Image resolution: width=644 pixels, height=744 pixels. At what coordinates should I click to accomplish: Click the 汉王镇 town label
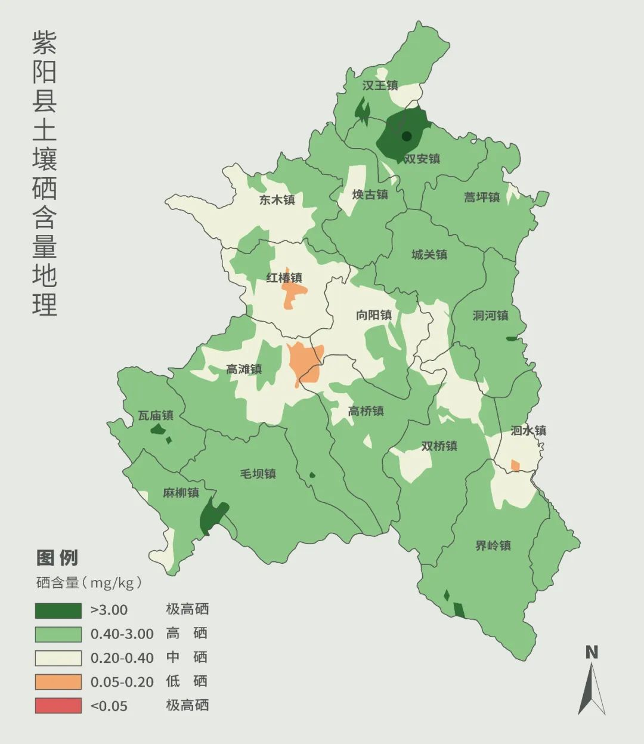tap(380, 85)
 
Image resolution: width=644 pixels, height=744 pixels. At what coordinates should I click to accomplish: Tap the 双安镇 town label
tap(422, 159)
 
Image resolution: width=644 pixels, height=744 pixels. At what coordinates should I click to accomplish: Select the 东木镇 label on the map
tap(277, 200)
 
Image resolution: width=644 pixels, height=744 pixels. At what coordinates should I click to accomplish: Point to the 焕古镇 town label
tap(370, 195)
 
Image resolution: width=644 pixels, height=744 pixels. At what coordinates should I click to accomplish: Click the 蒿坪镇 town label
tap(482, 197)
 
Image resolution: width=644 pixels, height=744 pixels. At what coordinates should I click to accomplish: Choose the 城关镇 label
tap(429, 255)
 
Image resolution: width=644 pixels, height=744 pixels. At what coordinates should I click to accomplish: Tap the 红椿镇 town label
tap(284, 277)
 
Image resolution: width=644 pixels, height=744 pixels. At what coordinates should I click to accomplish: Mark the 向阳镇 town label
tap(373, 315)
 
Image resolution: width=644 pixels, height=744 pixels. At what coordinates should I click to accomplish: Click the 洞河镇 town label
tap(490, 316)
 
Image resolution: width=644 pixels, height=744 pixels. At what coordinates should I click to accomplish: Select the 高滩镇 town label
tap(243, 369)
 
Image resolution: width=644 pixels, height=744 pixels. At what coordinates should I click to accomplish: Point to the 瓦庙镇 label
tap(156, 415)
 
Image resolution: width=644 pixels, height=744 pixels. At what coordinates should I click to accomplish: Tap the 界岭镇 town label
tap(493, 545)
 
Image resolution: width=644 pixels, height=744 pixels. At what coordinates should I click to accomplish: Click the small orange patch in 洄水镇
tap(515, 465)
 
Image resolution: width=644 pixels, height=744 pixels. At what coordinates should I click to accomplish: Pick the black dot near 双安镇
tap(407, 136)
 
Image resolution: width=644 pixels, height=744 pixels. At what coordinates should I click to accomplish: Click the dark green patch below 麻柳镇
tap(212, 517)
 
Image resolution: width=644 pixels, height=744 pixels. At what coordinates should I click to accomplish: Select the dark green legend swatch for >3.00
tap(58, 610)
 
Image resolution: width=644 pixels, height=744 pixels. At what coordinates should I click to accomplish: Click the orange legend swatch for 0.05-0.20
tap(58, 682)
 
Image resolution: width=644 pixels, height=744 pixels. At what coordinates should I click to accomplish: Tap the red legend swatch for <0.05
tap(58, 706)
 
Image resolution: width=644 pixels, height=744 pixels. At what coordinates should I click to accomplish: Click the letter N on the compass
tap(591, 652)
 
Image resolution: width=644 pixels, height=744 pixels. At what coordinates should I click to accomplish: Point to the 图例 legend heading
tap(57, 558)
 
